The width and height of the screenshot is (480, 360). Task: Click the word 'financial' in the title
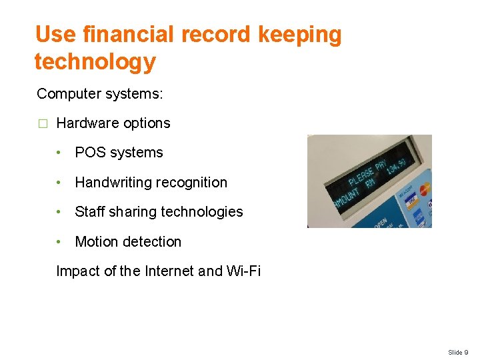click(134, 35)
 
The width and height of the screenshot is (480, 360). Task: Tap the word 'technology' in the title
click(95, 62)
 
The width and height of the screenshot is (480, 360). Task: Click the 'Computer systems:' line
click(99, 94)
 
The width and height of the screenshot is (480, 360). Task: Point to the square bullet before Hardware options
click(43, 124)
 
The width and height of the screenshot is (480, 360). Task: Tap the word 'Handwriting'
click(112, 183)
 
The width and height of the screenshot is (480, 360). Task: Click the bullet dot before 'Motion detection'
click(60, 242)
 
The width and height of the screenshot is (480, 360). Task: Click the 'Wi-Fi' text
click(243, 271)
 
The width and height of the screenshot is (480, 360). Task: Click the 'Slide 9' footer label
click(458, 352)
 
